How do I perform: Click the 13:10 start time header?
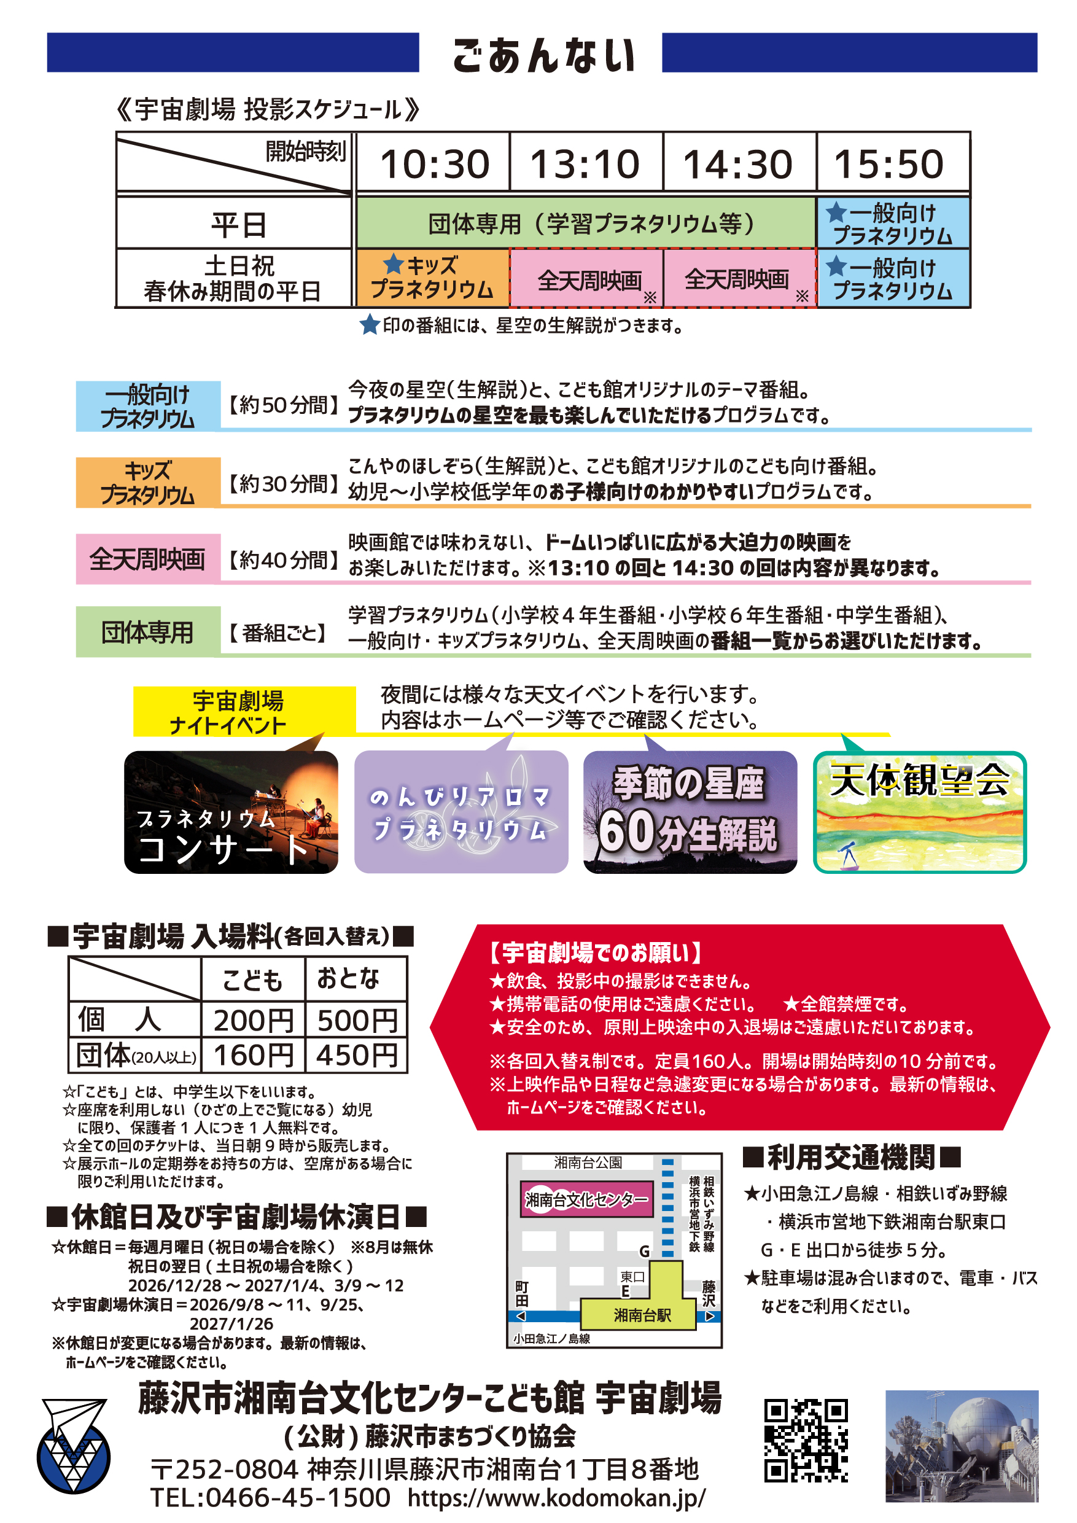point(585,163)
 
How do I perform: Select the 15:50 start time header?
point(888,163)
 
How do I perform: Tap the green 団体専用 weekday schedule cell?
point(586,223)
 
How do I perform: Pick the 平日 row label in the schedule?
point(238,224)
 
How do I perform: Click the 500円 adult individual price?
point(357,1020)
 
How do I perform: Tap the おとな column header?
point(348,978)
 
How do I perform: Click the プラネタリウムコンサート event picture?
point(231,812)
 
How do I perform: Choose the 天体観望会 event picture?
point(920,812)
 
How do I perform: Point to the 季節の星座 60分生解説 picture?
point(690,812)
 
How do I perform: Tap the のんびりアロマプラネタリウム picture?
point(461,812)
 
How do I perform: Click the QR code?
point(806,1440)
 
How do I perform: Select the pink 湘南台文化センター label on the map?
point(586,1199)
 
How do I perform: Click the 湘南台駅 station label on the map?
point(642,1315)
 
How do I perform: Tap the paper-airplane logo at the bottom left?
point(73,1446)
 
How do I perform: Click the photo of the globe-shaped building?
point(962,1447)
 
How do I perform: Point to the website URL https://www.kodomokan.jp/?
point(556,1498)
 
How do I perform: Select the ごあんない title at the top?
point(544,55)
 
